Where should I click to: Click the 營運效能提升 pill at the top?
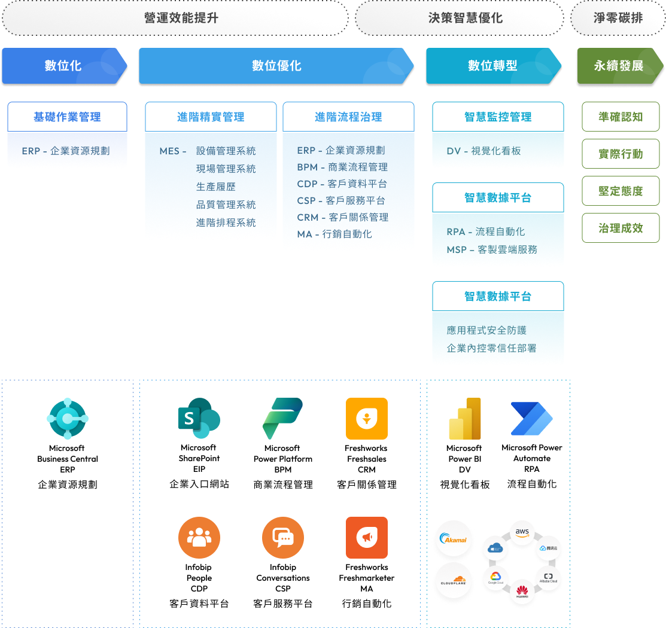[x=175, y=18]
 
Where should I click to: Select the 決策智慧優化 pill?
[x=459, y=18]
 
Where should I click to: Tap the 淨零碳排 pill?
[x=618, y=18]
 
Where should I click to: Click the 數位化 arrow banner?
[x=63, y=66]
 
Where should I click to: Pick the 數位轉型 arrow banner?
[x=492, y=66]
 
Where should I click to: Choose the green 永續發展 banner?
[x=619, y=66]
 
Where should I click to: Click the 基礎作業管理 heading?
[x=67, y=117]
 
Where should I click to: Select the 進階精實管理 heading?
[x=211, y=117]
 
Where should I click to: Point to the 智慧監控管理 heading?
[x=498, y=117]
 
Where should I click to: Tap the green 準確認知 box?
[x=621, y=117]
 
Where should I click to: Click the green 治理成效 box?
[x=621, y=228]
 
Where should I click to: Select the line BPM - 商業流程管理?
[x=342, y=167]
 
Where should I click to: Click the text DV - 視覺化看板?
[x=483, y=151]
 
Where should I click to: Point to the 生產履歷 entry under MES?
[x=216, y=187]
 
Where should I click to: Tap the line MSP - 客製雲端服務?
[x=492, y=249]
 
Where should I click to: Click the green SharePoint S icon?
[x=199, y=419]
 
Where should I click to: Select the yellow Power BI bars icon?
[x=465, y=419]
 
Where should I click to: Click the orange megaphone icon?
[x=366, y=538]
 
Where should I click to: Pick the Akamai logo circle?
[x=454, y=539]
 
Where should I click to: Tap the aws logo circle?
[x=522, y=532]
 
